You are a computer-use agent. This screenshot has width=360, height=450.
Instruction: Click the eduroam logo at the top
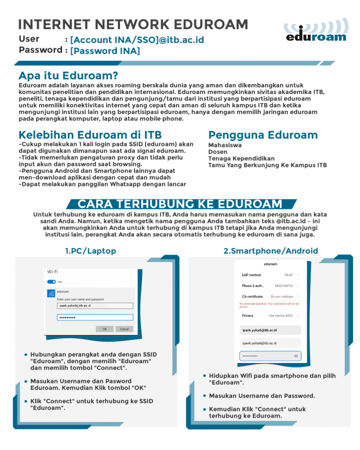(x=316, y=32)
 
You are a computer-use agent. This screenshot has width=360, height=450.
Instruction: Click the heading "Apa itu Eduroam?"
(x=68, y=76)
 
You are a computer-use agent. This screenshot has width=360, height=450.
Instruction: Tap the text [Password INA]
(x=105, y=51)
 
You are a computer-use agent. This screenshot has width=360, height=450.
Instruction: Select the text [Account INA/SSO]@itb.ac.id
(x=137, y=40)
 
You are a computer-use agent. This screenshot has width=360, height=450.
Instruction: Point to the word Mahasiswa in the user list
(x=225, y=145)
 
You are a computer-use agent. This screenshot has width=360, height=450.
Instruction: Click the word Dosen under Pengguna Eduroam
(x=218, y=152)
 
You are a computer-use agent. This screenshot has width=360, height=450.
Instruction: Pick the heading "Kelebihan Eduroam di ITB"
(x=90, y=134)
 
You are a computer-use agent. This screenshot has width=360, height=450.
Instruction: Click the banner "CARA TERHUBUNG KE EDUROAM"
(x=180, y=204)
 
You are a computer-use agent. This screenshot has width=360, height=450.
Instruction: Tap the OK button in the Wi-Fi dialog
(x=105, y=329)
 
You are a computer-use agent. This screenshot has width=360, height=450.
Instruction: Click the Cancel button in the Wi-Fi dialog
(x=124, y=329)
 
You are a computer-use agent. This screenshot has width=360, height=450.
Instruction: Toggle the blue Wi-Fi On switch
(x=51, y=282)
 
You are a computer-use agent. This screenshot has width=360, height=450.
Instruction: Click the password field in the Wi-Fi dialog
(x=95, y=317)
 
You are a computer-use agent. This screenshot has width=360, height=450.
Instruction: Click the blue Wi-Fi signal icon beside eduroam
(x=51, y=294)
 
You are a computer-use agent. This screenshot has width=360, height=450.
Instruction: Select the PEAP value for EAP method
(x=288, y=275)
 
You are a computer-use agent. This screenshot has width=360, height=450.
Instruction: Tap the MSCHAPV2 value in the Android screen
(x=284, y=286)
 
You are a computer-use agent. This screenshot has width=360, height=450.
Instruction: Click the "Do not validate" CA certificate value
(x=281, y=297)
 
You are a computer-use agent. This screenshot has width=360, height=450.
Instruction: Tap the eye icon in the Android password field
(x=296, y=356)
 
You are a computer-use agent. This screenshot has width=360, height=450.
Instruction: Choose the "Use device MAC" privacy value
(x=280, y=316)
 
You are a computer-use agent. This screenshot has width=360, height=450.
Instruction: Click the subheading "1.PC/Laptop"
(x=91, y=251)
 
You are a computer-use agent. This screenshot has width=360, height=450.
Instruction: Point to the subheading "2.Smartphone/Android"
(x=270, y=251)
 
